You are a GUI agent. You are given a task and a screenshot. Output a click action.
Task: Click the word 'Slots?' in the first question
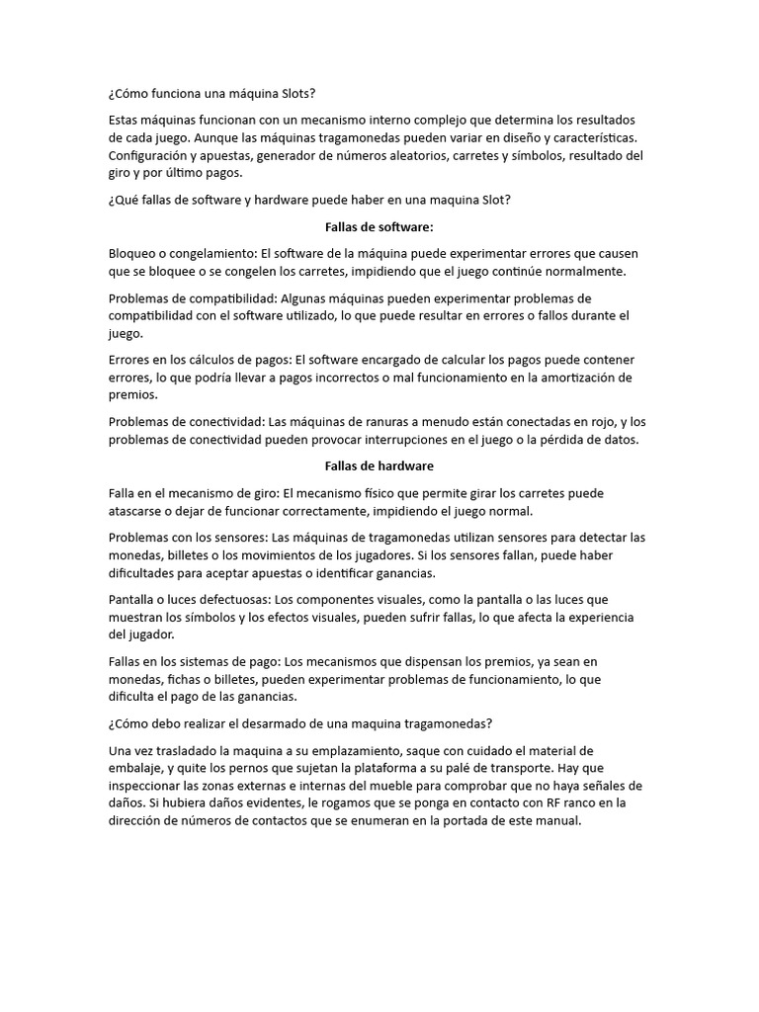tap(294, 93)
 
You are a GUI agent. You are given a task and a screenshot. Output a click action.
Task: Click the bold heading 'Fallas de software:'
tap(379, 226)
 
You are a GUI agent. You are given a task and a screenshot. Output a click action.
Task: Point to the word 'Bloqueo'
tap(135, 253)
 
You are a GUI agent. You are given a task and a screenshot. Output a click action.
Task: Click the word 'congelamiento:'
tap(210, 253)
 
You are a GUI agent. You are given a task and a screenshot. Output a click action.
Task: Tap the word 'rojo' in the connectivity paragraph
tap(602, 422)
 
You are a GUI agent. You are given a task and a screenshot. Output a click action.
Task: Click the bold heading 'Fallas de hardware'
tap(379, 465)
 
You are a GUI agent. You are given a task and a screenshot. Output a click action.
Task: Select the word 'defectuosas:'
tap(231, 600)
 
